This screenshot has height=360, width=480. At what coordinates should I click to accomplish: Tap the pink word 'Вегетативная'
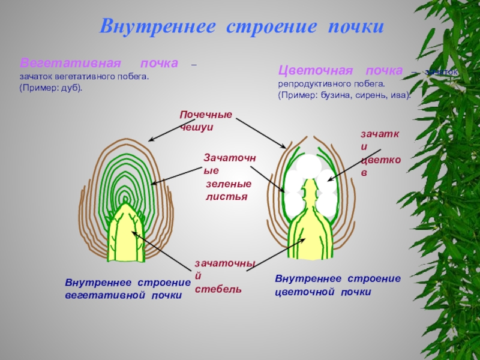pos(71,63)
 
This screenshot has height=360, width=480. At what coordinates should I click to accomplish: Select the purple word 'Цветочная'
pos(311,71)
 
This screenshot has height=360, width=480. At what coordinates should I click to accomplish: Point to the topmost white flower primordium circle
pos(309,165)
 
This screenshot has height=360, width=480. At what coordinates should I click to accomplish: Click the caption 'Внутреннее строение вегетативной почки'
pos(127,289)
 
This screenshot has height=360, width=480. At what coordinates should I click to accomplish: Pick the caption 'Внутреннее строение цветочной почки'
pos(337,285)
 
